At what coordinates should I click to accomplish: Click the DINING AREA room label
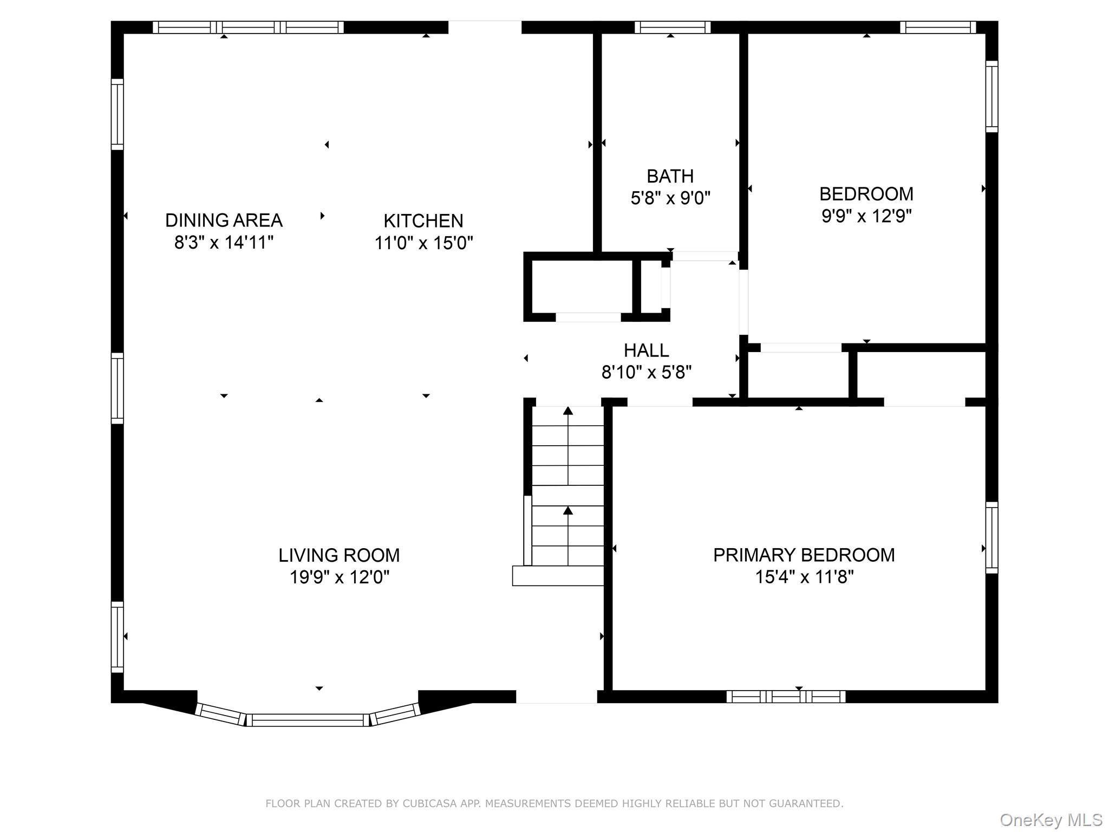click(x=224, y=220)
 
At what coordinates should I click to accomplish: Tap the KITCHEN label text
click(x=423, y=220)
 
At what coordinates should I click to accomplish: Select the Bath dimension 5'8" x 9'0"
click(x=670, y=198)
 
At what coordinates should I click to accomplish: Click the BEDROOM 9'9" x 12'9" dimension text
click(x=866, y=216)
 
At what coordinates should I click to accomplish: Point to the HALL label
click(x=646, y=350)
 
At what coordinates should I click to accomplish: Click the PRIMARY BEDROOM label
click(x=804, y=555)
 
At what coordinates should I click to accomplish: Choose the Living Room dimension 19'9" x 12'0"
click(x=339, y=577)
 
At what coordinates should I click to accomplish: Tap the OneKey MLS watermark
click(x=1051, y=820)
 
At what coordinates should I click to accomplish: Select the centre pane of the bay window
click(x=308, y=720)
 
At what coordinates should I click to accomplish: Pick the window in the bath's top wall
click(x=672, y=27)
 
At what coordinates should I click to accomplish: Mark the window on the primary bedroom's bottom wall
click(x=785, y=697)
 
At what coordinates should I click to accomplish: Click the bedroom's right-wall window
click(x=991, y=96)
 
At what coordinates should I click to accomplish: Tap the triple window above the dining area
click(x=248, y=27)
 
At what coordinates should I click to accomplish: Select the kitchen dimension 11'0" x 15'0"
click(x=423, y=243)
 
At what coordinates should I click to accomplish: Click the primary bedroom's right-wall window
click(x=991, y=537)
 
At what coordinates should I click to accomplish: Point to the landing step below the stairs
click(x=558, y=576)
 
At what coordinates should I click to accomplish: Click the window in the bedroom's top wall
click(x=937, y=27)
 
